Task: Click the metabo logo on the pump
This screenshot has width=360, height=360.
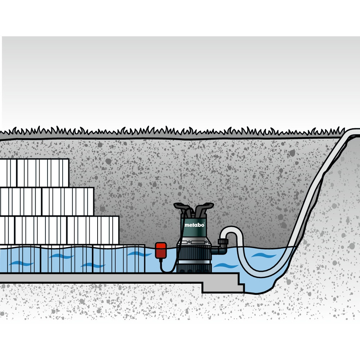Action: (x=194, y=225)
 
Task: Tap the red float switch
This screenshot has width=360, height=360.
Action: (x=161, y=251)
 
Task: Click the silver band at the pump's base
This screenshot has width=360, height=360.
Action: (x=194, y=262)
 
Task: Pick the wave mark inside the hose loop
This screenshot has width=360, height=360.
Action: (x=264, y=255)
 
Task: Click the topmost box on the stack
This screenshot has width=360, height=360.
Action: (x=43, y=173)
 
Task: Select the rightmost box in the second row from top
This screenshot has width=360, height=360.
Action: (x=68, y=202)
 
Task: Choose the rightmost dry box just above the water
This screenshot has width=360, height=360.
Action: (x=93, y=230)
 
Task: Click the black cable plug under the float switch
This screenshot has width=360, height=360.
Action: (x=161, y=261)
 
